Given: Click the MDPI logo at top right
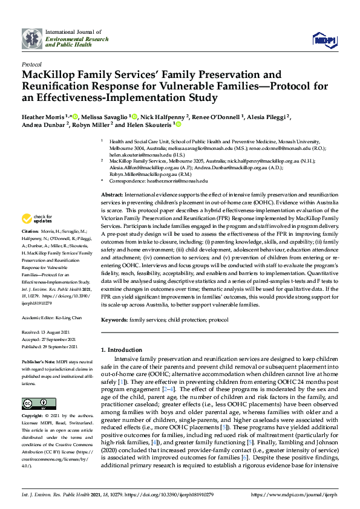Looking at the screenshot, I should coord(325,39).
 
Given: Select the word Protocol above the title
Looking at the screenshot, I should coord(31,64).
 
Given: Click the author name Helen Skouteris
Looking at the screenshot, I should coord(149,125).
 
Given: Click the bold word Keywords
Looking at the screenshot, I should coord(114,319).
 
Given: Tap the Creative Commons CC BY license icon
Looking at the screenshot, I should coord(34,403).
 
